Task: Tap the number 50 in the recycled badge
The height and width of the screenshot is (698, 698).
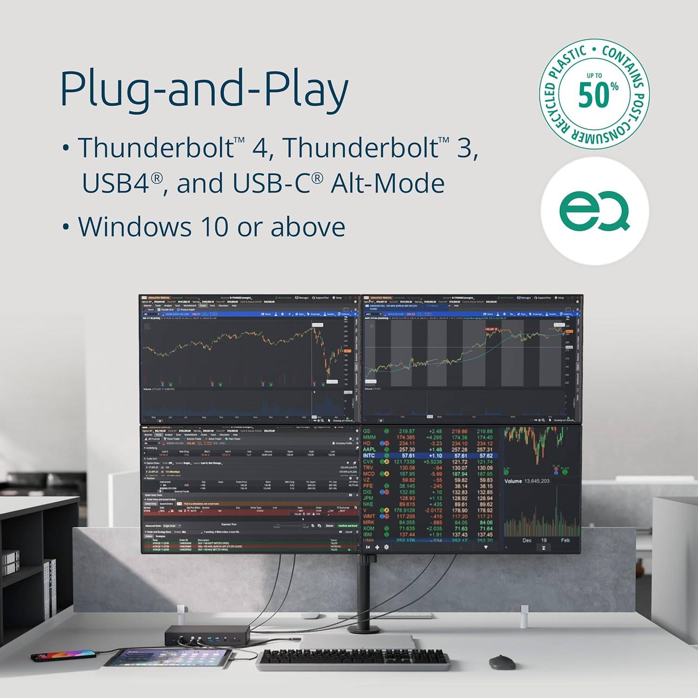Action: [593, 94]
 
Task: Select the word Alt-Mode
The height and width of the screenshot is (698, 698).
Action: [388, 183]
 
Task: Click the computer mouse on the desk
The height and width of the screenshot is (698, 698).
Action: [502, 662]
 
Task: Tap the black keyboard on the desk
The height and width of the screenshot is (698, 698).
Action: [353, 659]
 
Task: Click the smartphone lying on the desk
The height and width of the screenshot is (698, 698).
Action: [63, 657]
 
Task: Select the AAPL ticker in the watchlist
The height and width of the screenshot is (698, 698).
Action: [369, 450]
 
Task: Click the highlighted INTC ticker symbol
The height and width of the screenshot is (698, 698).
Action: [369, 456]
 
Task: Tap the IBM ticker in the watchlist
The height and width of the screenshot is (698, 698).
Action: [368, 535]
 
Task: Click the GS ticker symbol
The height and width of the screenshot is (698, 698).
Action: [367, 431]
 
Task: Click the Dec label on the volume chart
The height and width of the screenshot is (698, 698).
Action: [527, 540]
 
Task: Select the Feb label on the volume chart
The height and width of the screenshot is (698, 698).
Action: [565, 540]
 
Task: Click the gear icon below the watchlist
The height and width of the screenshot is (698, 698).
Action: [386, 547]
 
